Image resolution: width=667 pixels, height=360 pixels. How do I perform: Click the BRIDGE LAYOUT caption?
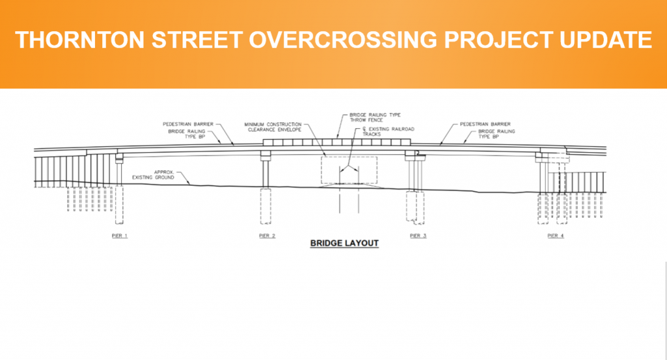click(344, 243)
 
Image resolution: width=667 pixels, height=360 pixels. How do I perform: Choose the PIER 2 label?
click(267, 235)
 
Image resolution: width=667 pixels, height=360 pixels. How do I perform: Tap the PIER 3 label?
click(418, 235)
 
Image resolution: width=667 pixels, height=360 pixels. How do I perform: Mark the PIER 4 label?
click(555, 235)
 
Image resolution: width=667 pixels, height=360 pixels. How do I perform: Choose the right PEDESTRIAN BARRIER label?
click(485, 123)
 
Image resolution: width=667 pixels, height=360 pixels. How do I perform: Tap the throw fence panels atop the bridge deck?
click(337, 141)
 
